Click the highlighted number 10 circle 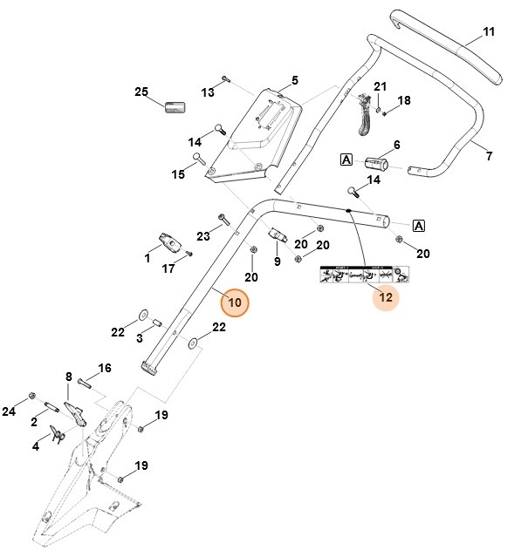click(x=234, y=302)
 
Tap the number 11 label click(x=489, y=32)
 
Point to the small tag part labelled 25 click(x=176, y=107)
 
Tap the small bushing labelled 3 click(x=158, y=324)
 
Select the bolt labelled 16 click(x=85, y=380)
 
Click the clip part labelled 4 click(x=58, y=433)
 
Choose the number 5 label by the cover click(x=294, y=80)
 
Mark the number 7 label click(x=489, y=156)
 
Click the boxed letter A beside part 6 click(x=346, y=160)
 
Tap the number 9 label click(x=277, y=261)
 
